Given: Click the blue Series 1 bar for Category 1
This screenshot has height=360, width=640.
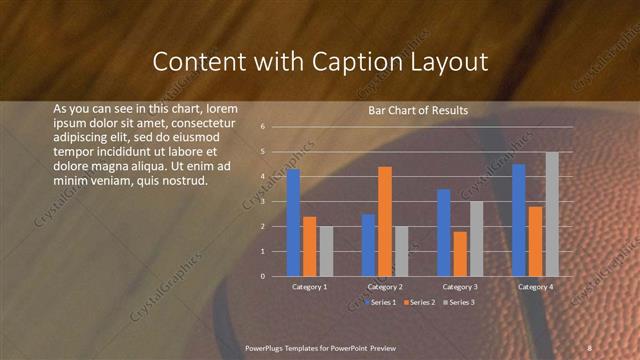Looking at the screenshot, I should click(x=293, y=222).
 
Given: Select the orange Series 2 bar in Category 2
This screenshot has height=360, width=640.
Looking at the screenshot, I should click(x=385, y=221).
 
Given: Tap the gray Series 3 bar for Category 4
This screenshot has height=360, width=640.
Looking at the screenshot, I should click(x=552, y=214).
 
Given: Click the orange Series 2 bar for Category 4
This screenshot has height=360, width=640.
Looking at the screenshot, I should click(x=536, y=241).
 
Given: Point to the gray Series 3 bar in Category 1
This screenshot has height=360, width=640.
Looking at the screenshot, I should click(x=326, y=251).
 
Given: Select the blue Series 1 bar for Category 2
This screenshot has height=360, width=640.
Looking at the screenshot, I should click(x=368, y=245).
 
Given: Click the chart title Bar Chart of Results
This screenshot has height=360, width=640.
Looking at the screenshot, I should click(x=411, y=110).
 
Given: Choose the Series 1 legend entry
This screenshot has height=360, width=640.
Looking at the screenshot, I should click(x=382, y=302).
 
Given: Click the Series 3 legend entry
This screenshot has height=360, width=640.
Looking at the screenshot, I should click(x=458, y=302).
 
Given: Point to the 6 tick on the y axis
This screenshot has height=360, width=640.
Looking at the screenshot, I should click(x=262, y=127).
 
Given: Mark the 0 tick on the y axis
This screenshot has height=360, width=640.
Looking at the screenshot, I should click(x=262, y=276).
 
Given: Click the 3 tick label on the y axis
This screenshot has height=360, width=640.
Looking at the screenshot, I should click(x=262, y=201).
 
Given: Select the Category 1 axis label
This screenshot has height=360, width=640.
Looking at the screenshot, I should click(x=309, y=287).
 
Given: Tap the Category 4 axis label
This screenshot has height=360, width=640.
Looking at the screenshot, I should click(x=535, y=287).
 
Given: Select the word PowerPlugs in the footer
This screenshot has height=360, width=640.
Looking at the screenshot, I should click(x=266, y=347).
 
